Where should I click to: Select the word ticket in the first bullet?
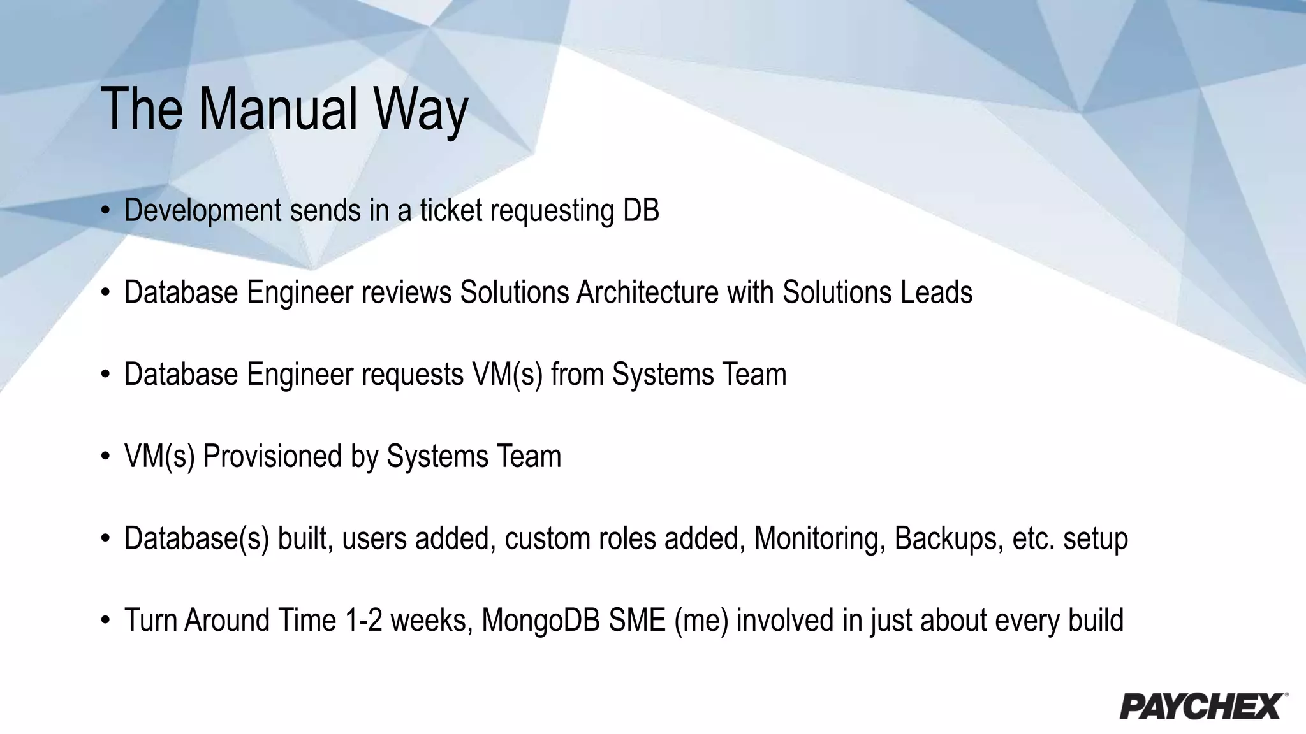coord(451,210)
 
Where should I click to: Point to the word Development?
coord(203,211)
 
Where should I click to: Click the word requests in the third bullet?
coord(413,375)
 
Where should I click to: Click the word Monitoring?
coord(820,538)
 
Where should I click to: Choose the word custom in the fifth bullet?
coord(547,538)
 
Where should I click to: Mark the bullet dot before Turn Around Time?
coord(106,620)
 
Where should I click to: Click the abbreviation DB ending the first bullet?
coord(641,210)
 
